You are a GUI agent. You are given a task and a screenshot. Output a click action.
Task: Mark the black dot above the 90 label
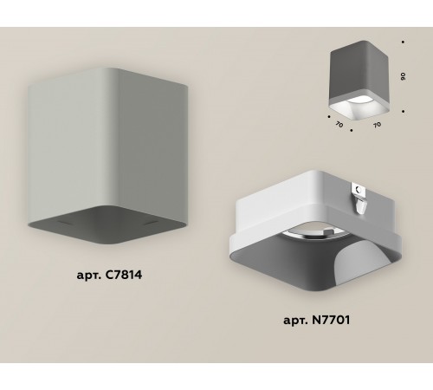pyautogui.click(x=404, y=41)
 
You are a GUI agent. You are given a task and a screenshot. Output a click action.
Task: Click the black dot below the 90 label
pyautogui.click(x=404, y=110)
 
